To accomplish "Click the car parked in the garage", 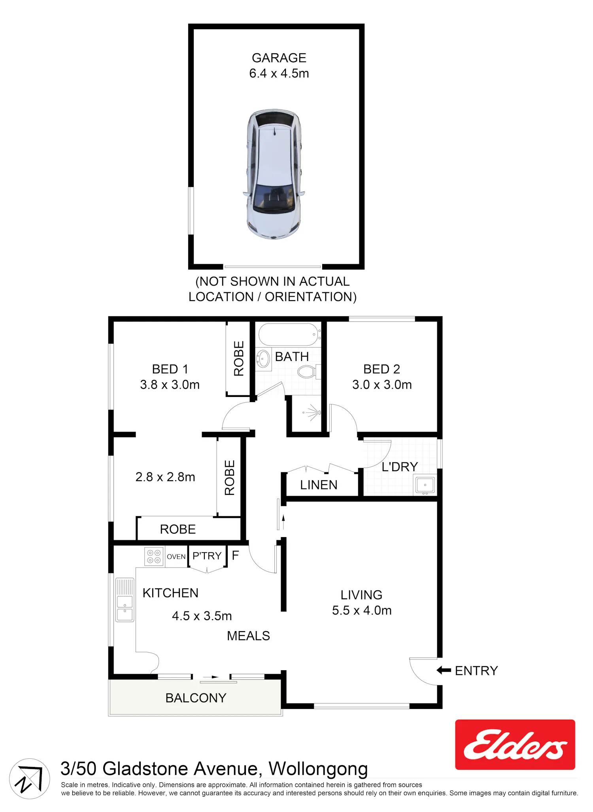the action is [x=274, y=174].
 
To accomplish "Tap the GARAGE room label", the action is [x=279, y=58].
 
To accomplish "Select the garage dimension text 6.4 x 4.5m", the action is [x=279, y=73].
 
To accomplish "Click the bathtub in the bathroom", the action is [x=289, y=335].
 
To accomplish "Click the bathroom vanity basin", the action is [x=263, y=359].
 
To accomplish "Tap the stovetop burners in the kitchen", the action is [x=154, y=556].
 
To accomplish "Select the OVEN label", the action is [x=176, y=557].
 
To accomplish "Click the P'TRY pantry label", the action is [x=207, y=556].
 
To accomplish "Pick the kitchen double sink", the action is [x=125, y=600].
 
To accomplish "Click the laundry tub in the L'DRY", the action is [x=425, y=485].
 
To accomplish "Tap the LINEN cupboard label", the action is [x=319, y=485].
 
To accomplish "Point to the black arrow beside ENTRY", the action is [x=444, y=670].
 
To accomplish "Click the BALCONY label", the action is [x=196, y=698].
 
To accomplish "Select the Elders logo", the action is [x=515, y=744].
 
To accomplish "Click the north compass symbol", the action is [x=30, y=779].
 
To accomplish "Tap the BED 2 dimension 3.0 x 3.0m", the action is [x=382, y=385].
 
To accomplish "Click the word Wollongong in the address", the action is [x=318, y=769].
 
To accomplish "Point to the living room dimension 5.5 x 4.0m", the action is [x=362, y=611].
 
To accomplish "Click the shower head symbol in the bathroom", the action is [x=313, y=412].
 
